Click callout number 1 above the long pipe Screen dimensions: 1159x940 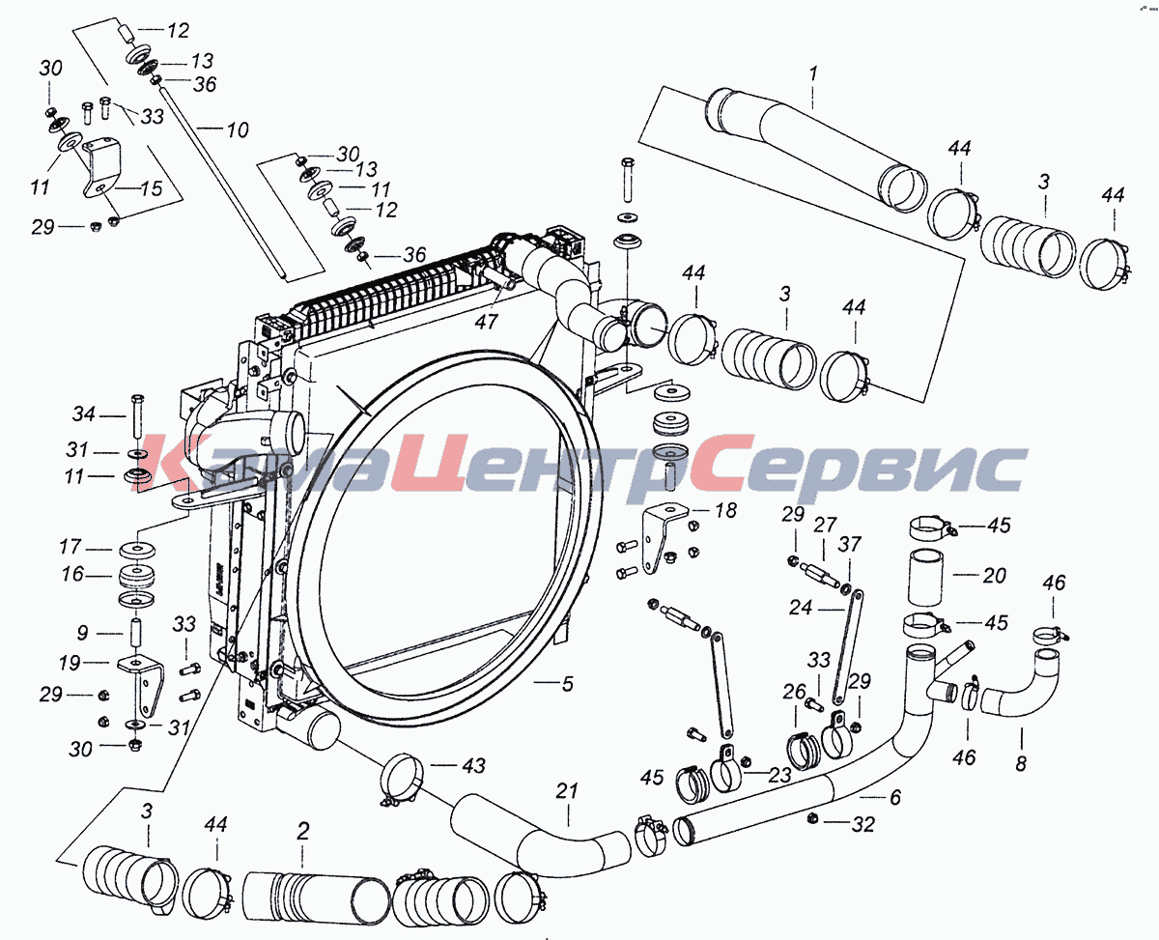click(813, 72)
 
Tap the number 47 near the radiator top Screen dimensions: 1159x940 click(486, 322)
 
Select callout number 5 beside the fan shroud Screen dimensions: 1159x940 click(568, 684)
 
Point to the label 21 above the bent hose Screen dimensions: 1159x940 click(566, 790)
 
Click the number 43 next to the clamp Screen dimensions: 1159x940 click(473, 766)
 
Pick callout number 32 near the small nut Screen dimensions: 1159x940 click(863, 825)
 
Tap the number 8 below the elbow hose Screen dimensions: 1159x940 click(1021, 763)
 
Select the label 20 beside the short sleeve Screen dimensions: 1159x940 click(994, 576)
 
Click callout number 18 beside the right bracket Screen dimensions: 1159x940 click(725, 510)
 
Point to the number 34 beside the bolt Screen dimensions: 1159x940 click(84, 414)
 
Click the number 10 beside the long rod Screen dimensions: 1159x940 click(238, 129)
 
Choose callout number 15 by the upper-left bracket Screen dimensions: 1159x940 click(152, 188)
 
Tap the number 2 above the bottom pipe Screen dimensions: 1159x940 click(303, 831)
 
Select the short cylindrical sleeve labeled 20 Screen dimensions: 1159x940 click(925, 578)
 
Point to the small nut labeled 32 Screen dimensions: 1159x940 click(813, 817)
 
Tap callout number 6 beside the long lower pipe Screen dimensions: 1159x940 click(895, 797)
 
